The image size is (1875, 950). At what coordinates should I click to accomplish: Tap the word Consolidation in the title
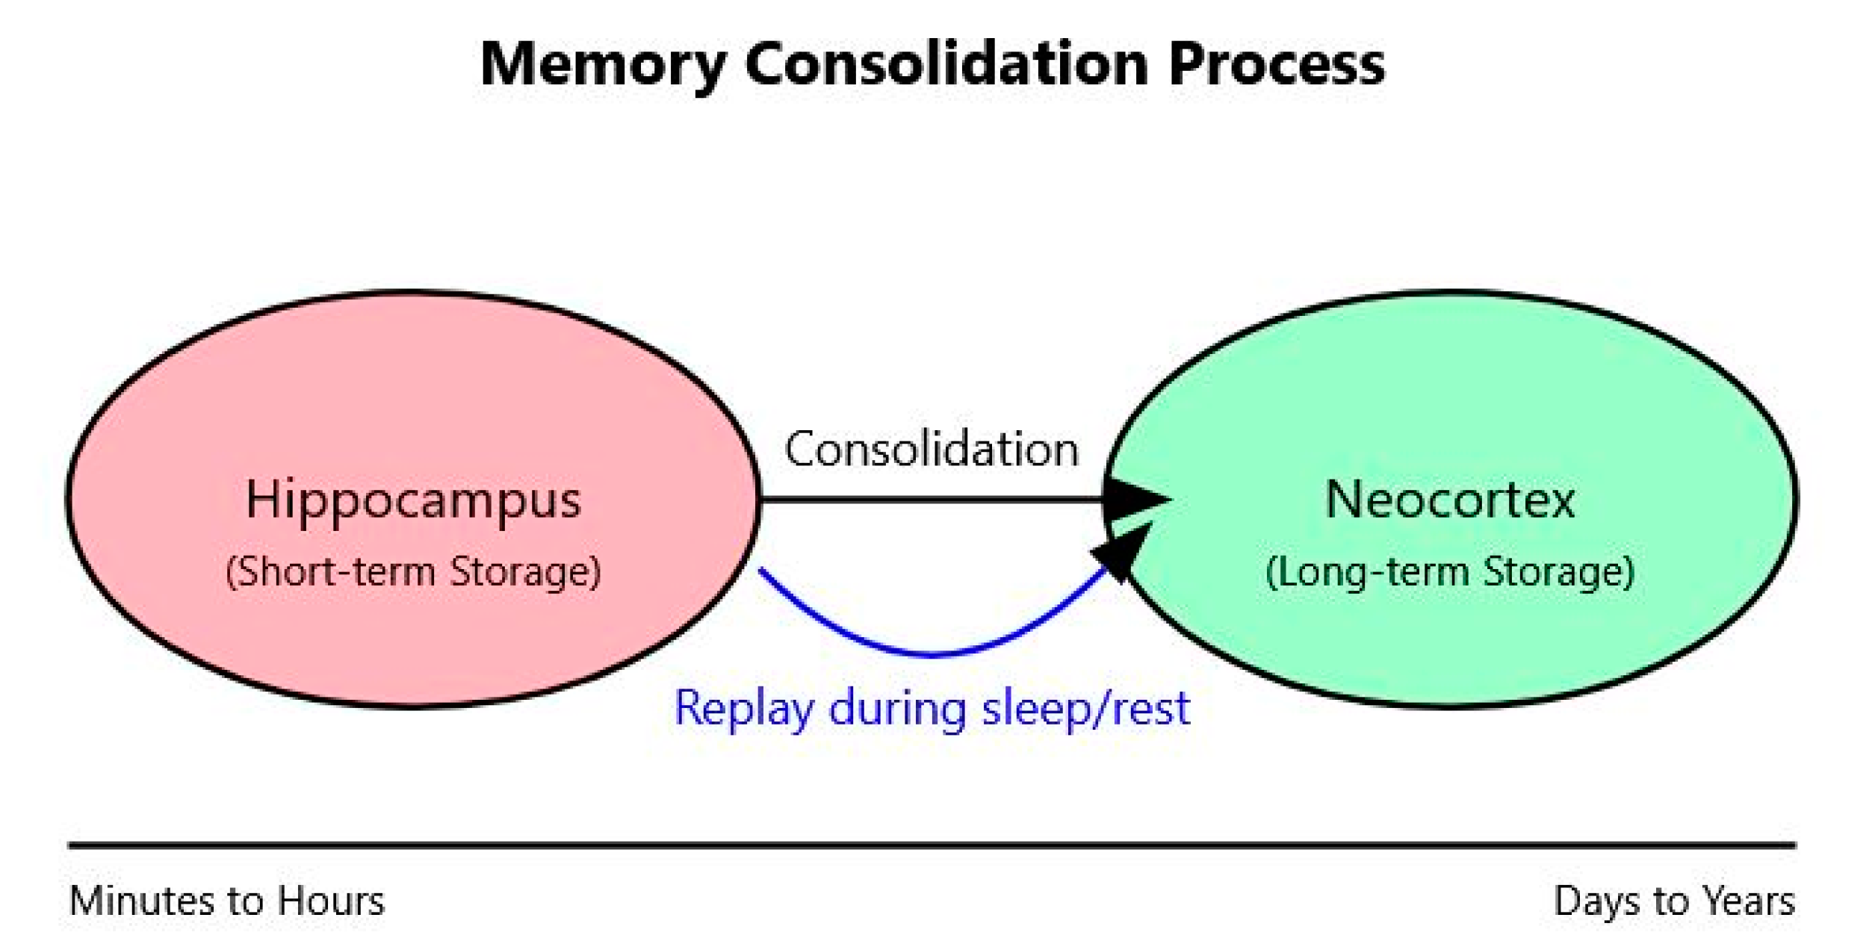[946, 64]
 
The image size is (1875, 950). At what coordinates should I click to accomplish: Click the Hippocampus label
[413, 500]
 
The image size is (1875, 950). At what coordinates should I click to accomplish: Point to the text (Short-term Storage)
[413, 572]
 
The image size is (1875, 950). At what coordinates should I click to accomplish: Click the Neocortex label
[1450, 500]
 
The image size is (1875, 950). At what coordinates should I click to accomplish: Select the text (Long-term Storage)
[1450, 572]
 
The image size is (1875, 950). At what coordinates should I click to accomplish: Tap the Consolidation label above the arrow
[932, 450]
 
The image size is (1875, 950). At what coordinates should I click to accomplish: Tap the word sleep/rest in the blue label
[1085, 708]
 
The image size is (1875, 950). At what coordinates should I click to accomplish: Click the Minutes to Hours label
[227, 901]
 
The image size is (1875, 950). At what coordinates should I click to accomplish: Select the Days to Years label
[1674, 901]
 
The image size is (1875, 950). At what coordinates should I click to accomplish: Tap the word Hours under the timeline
[331, 901]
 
